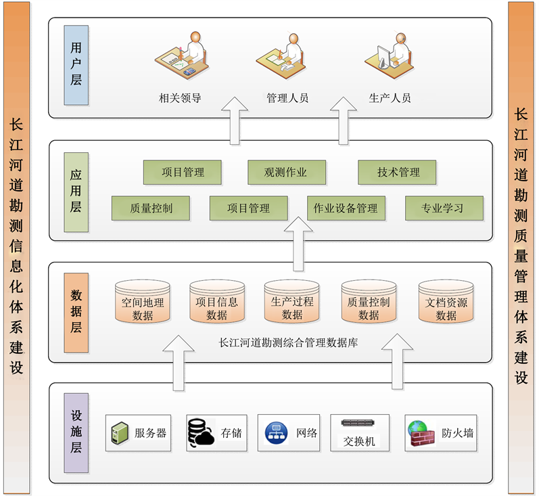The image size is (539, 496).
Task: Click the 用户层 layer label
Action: pos(76,65)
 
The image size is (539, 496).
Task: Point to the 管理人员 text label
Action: pos(287,98)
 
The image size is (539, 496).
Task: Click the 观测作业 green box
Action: pos(285,173)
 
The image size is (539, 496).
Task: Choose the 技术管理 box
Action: pos(397,173)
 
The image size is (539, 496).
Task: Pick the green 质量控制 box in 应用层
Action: pos(151,208)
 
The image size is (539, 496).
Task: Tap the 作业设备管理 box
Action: pos(346,208)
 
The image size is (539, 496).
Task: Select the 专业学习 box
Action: pos(444,208)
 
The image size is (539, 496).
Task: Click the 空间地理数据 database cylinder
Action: pos(143,302)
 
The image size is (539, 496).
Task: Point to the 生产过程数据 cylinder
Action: pos(291,302)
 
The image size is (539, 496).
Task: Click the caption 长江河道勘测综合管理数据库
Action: pos(289,342)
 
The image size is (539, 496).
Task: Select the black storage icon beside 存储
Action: pos(200,432)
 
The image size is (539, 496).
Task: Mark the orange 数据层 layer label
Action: pos(76,313)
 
